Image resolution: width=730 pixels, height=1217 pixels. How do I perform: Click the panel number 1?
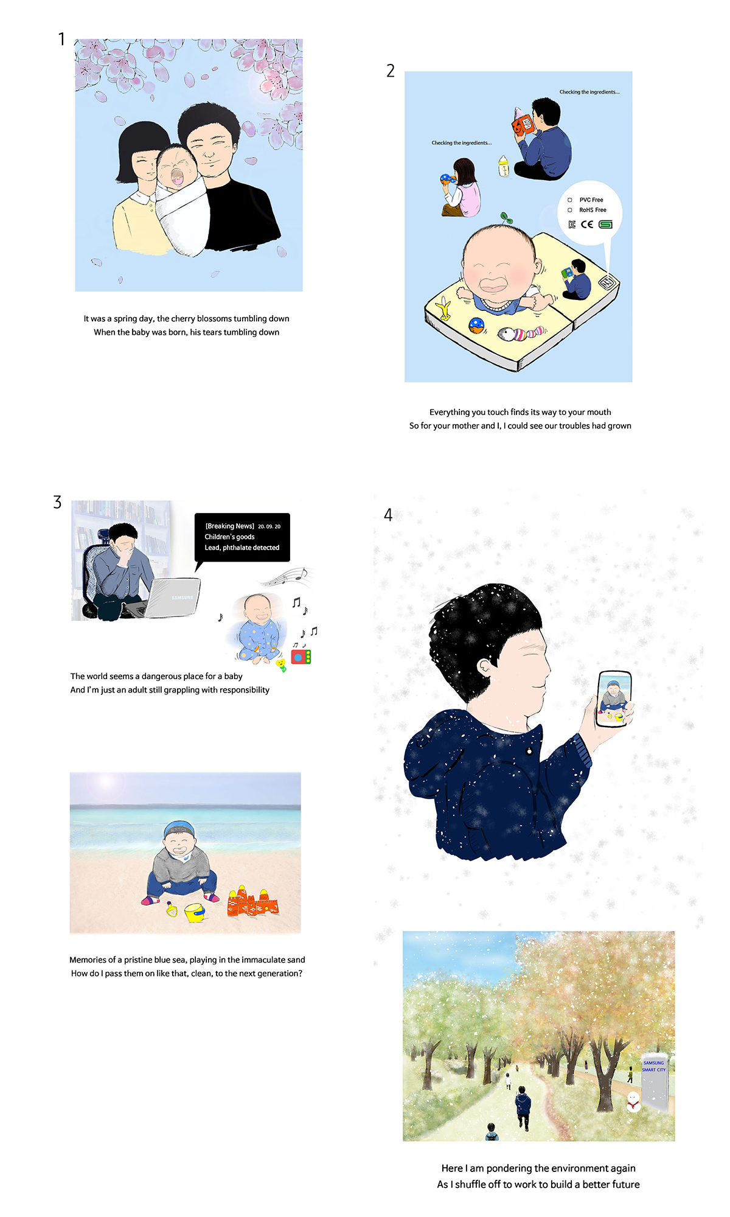point(61,40)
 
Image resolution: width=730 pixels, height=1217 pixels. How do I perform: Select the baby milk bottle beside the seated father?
point(504,166)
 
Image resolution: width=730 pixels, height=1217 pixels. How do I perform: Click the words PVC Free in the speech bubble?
point(591,200)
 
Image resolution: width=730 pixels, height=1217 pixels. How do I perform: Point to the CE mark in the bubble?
point(587,225)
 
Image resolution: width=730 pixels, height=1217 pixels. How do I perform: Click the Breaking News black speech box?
point(242,537)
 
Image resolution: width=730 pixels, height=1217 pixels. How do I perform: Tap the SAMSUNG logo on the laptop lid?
point(182,598)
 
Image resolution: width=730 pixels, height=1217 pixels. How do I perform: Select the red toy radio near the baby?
point(301,657)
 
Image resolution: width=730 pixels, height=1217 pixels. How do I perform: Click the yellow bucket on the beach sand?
point(195,912)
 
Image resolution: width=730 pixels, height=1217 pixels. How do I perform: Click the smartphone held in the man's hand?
point(614,699)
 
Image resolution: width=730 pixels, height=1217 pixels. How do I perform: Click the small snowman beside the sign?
point(633,1101)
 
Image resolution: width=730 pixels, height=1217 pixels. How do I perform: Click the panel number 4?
point(388,515)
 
